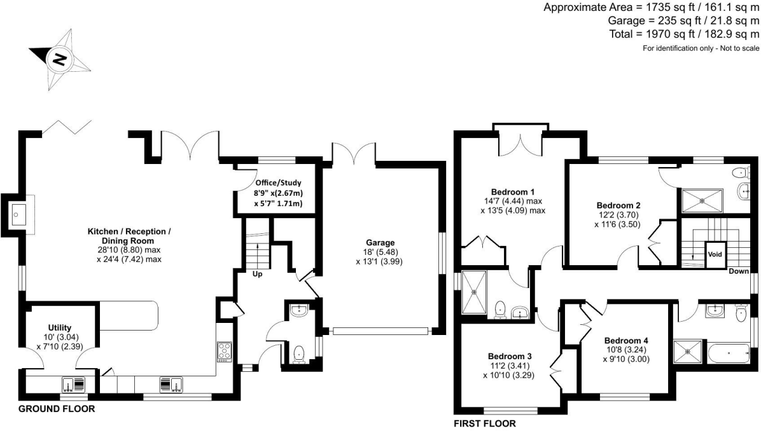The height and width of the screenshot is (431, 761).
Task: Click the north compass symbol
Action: pyautogui.click(x=59, y=60)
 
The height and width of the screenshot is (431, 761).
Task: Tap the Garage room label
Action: pyautogui.click(x=380, y=242)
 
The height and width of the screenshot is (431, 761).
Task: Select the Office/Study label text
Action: pyautogui.click(x=269, y=183)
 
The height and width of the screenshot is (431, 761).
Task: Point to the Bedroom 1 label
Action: pyautogui.click(x=512, y=192)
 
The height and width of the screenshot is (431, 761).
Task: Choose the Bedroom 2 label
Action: pyautogui.click(x=618, y=205)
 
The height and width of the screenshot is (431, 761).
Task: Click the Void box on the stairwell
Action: pyautogui.click(x=715, y=254)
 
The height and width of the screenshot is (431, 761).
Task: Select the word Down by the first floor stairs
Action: pyautogui.click(x=739, y=271)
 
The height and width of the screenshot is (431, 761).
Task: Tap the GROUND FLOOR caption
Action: pyautogui.click(x=57, y=409)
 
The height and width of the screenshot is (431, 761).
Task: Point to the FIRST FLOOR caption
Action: pyautogui.click(x=484, y=423)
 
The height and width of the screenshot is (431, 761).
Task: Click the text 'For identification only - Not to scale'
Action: pyautogui.click(x=701, y=49)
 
